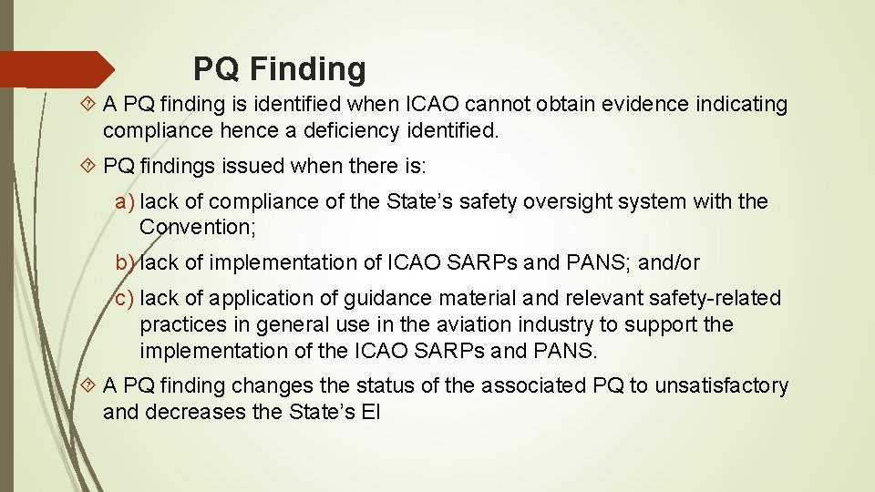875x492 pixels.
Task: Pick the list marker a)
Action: (x=125, y=201)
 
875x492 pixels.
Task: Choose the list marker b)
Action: (x=125, y=262)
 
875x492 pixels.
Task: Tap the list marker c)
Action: (x=125, y=298)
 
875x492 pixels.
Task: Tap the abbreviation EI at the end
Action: (x=370, y=412)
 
